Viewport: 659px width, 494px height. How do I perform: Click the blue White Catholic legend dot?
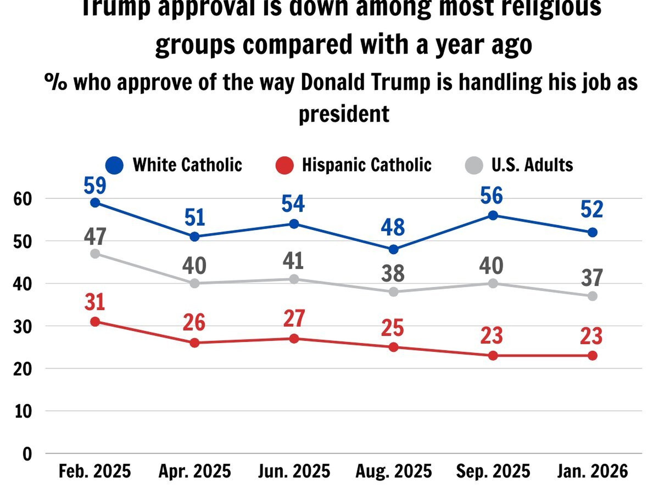click(115, 165)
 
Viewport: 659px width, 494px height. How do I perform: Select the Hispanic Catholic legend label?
click(367, 165)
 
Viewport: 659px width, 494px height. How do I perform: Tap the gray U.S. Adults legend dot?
click(474, 165)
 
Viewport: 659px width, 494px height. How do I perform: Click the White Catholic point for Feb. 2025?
click(95, 203)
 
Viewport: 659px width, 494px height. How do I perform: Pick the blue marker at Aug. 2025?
click(393, 249)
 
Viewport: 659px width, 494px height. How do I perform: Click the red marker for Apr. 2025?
click(194, 343)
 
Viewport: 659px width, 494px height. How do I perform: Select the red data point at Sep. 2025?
click(493, 355)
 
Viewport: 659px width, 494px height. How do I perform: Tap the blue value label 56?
click(492, 196)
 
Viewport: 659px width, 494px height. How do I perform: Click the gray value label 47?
click(95, 237)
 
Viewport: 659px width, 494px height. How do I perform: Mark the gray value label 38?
click(393, 273)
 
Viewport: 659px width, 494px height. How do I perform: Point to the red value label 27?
click(294, 318)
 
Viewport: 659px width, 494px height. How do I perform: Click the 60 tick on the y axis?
click(22, 199)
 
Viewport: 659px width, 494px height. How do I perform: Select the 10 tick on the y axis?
click(23, 411)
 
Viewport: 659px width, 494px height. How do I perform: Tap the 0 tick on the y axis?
click(27, 454)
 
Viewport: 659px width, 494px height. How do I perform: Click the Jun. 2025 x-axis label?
click(294, 471)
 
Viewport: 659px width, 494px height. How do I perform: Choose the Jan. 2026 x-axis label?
click(593, 471)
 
